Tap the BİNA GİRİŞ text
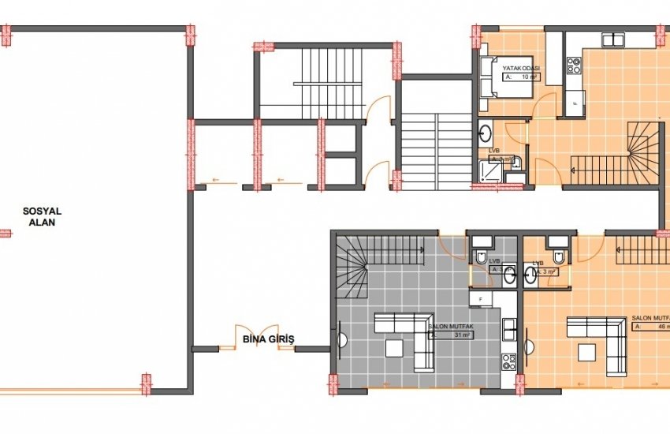click(x=268, y=339)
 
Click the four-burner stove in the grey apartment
click(x=508, y=361)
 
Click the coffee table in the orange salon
click(x=586, y=351)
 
